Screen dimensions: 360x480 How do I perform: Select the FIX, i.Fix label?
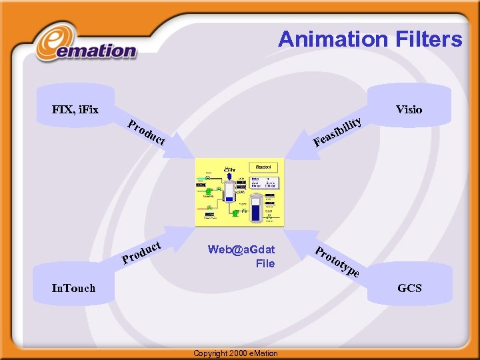coord(75,109)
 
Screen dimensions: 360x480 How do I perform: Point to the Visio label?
coord(409,109)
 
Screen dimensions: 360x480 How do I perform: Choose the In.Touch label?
coord(73,288)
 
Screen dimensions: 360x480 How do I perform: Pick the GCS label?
coord(409,288)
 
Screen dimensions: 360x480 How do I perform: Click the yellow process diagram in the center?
coord(239,192)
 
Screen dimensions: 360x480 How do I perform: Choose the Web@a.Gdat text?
coord(241,249)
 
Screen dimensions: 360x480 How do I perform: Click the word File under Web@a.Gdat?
coord(265,263)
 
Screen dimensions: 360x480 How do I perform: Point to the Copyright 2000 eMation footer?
coord(235,353)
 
